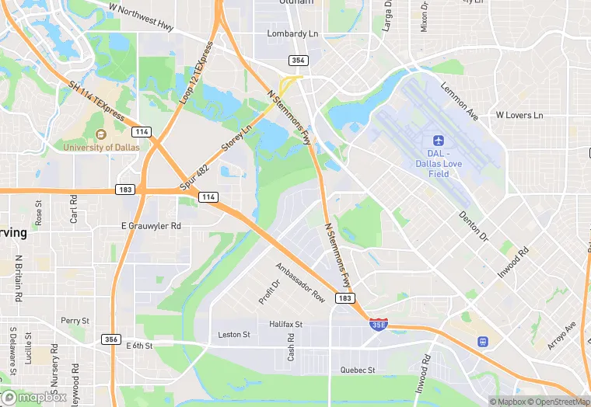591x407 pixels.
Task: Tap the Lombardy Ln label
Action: [293, 34]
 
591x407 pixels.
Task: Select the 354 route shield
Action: [299, 60]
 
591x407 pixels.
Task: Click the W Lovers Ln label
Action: [519, 115]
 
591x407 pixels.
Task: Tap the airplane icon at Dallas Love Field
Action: [438, 141]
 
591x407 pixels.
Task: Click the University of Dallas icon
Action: [100, 135]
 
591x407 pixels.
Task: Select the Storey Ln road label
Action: [237, 137]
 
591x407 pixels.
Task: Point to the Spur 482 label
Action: [195, 176]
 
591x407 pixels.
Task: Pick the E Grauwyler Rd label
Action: [151, 226]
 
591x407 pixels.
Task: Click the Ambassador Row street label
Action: [300, 282]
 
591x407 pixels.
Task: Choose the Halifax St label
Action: [285, 324]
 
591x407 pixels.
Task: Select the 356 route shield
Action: [111, 339]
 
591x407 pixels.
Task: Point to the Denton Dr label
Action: [473, 225]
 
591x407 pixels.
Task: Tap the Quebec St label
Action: [358, 370]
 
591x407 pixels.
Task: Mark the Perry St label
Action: [75, 320]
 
